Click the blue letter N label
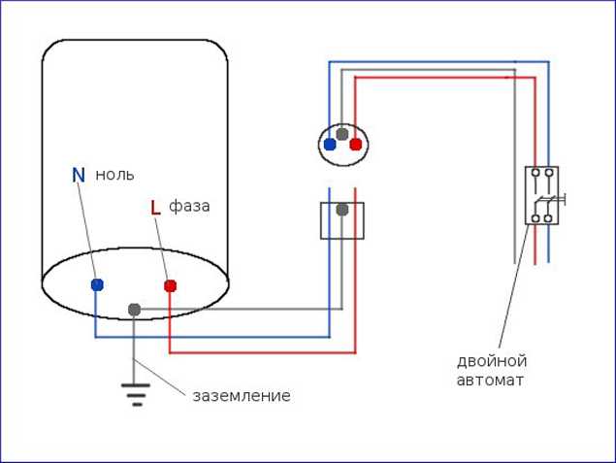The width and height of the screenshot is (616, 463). (79, 175)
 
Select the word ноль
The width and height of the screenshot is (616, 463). (114, 175)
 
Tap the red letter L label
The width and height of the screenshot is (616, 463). (156, 208)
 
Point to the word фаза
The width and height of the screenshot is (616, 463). (189, 207)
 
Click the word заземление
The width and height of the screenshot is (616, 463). (242, 396)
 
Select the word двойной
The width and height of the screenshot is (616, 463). (492, 362)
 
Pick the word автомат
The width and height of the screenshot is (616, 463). (490, 380)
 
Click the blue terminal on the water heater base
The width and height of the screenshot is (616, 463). (97, 284)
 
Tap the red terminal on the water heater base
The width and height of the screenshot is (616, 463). (170, 285)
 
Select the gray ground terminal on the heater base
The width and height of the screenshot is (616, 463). (135, 310)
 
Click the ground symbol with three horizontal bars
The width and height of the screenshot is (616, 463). (136, 394)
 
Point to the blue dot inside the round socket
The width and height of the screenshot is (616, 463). (330, 145)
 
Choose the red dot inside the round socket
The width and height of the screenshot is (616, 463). (356, 145)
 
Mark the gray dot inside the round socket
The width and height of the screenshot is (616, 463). (342, 134)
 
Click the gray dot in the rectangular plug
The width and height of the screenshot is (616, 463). (342, 210)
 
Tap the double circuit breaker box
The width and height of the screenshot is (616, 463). (541, 195)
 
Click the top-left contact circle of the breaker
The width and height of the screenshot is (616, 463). (535, 172)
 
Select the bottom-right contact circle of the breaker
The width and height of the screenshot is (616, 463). (548, 218)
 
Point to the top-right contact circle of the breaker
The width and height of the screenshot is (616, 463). (549, 172)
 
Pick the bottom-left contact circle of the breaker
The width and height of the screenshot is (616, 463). (535, 218)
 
